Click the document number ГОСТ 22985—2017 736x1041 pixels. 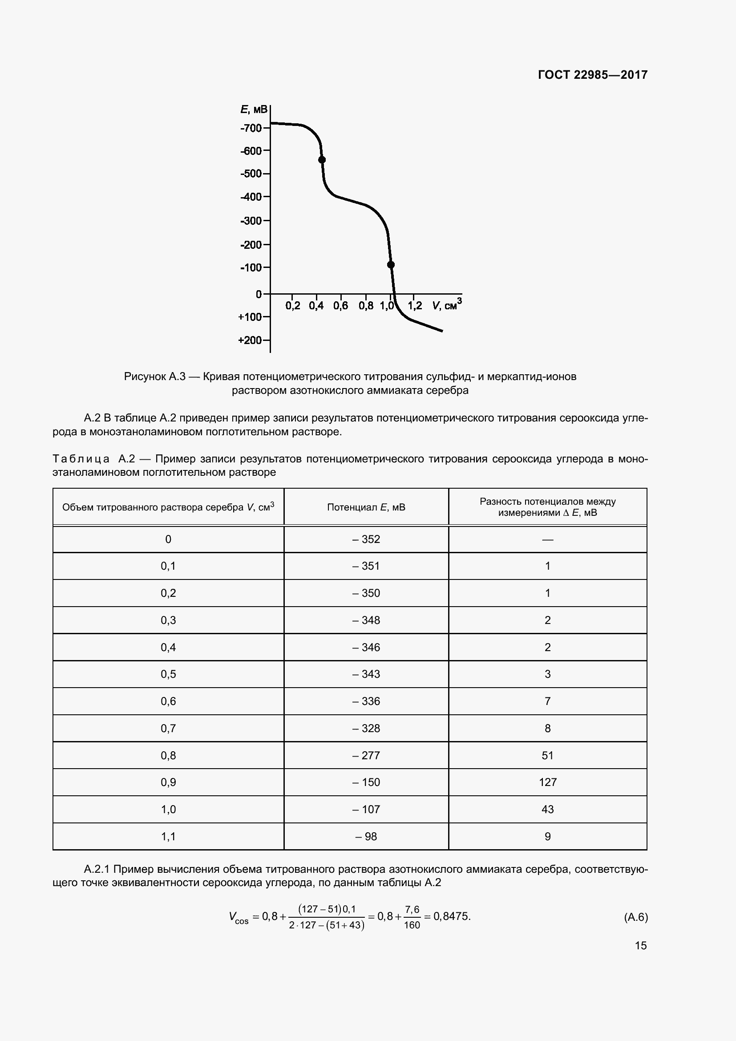tap(592, 75)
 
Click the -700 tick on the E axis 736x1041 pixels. tap(252, 128)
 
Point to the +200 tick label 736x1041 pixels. tap(250, 340)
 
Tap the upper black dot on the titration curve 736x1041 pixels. tap(322, 160)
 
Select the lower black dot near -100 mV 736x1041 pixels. tap(391, 265)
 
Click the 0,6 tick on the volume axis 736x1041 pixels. tap(340, 306)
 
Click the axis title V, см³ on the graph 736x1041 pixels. tap(446, 305)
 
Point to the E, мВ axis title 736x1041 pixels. tap(253, 109)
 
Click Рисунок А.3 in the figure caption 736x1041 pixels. tap(154, 377)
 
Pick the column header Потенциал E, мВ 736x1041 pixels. tap(366, 507)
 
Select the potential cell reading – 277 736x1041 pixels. tap(366, 755)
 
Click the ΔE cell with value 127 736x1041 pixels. tap(547, 782)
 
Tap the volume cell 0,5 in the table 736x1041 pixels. tap(168, 674)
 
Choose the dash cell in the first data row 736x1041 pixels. tap(547, 539)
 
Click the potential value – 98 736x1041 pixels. tap(366, 837)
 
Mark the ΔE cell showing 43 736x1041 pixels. tap(547, 809)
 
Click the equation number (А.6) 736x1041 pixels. tap(636, 918)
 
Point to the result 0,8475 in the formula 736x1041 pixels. tap(451, 916)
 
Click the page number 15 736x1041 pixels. tap(640, 946)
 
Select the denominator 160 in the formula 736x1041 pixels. tap(412, 925)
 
